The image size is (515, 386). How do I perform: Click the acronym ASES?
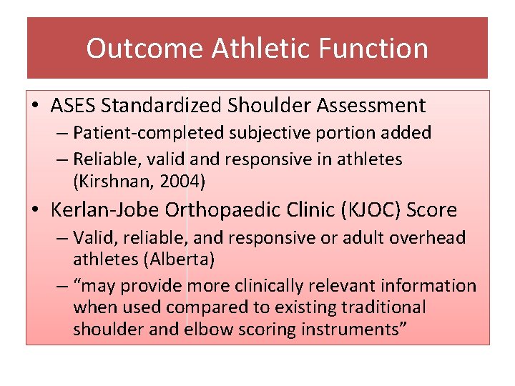(x=74, y=106)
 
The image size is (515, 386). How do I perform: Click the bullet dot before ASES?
(x=36, y=107)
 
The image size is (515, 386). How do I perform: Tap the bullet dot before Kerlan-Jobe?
(x=36, y=211)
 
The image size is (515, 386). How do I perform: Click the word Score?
(x=432, y=210)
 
